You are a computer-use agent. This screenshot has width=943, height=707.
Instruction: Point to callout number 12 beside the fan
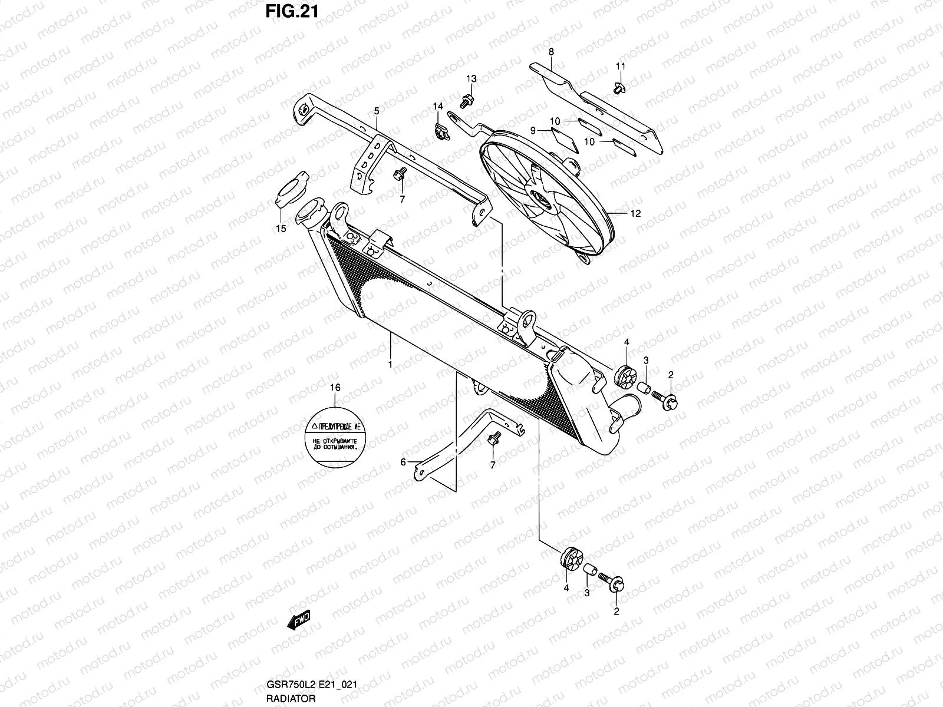pyautogui.click(x=635, y=214)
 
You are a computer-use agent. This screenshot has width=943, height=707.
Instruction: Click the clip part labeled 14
pyautogui.click(x=439, y=133)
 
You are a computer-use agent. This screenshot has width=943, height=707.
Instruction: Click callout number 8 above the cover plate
pyautogui.click(x=551, y=52)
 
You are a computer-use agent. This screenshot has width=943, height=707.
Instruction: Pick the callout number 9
pyautogui.click(x=532, y=131)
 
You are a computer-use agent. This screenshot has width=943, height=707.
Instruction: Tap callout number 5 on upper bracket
pyautogui.click(x=376, y=110)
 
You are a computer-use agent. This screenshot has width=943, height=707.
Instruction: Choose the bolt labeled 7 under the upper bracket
pyautogui.click(x=399, y=173)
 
